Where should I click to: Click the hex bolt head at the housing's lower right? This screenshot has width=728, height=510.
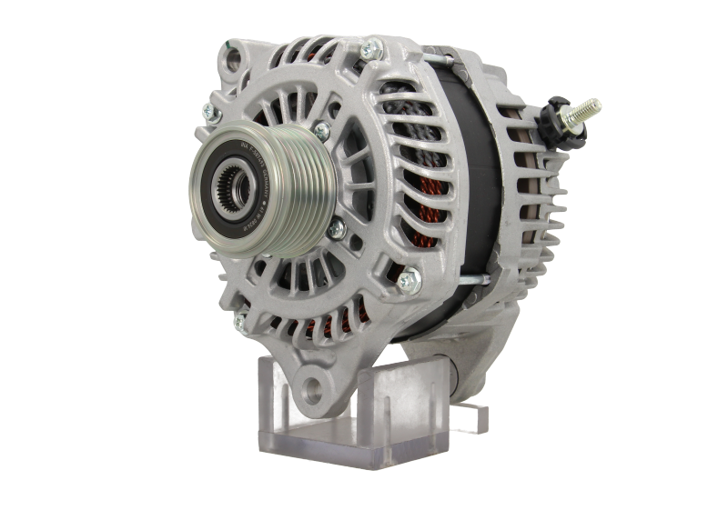click(x=410, y=277)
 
